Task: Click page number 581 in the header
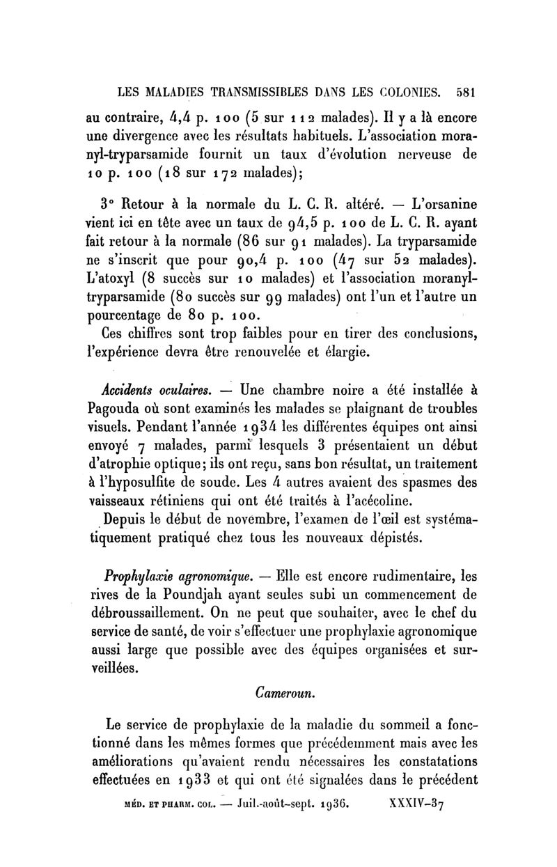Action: (462, 91)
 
